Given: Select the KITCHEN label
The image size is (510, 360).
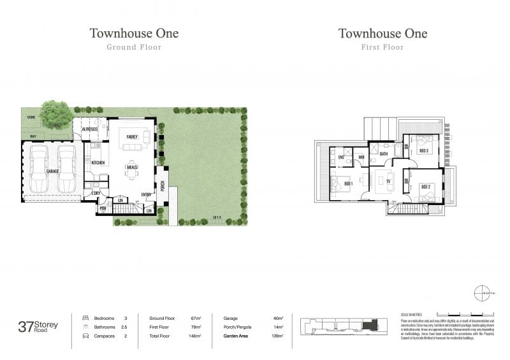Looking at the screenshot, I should (x=98, y=163).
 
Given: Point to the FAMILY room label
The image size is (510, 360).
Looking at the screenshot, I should (x=132, y=137).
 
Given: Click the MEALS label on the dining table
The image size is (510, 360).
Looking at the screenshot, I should (x=132, y=166).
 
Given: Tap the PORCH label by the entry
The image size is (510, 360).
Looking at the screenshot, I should (x=163, y=186).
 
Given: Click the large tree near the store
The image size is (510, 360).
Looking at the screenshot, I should (x=55, y=115).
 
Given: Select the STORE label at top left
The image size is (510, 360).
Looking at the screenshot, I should (x=31, y=118).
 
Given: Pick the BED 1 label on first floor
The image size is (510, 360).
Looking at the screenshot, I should (x=348, y=185).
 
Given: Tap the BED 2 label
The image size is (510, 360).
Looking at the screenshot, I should (x=425, y=187).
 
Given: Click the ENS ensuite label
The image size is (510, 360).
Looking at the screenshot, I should (x=341, y=157).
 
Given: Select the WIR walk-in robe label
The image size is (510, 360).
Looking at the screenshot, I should (x=361, y=157).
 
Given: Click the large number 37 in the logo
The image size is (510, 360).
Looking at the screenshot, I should (x=26, y=327).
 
